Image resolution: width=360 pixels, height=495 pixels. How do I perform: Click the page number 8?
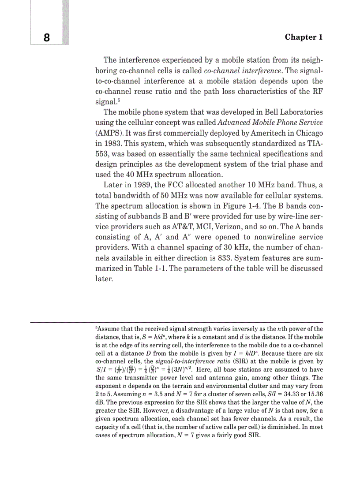(x=47, y=37)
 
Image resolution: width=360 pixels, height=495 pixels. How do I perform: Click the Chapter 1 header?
(x=304, y=37)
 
